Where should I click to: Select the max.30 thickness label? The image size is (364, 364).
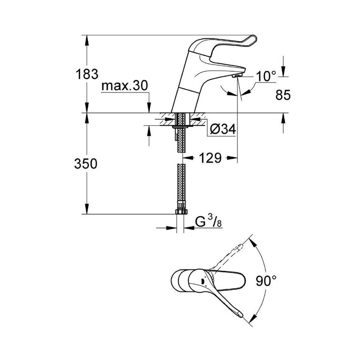125,86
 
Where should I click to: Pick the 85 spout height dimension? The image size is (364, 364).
283,95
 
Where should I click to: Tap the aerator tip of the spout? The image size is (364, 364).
237,75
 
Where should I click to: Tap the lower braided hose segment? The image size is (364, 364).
181,186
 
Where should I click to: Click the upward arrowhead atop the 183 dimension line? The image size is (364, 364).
87,38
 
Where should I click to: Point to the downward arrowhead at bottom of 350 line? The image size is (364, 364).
87,211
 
